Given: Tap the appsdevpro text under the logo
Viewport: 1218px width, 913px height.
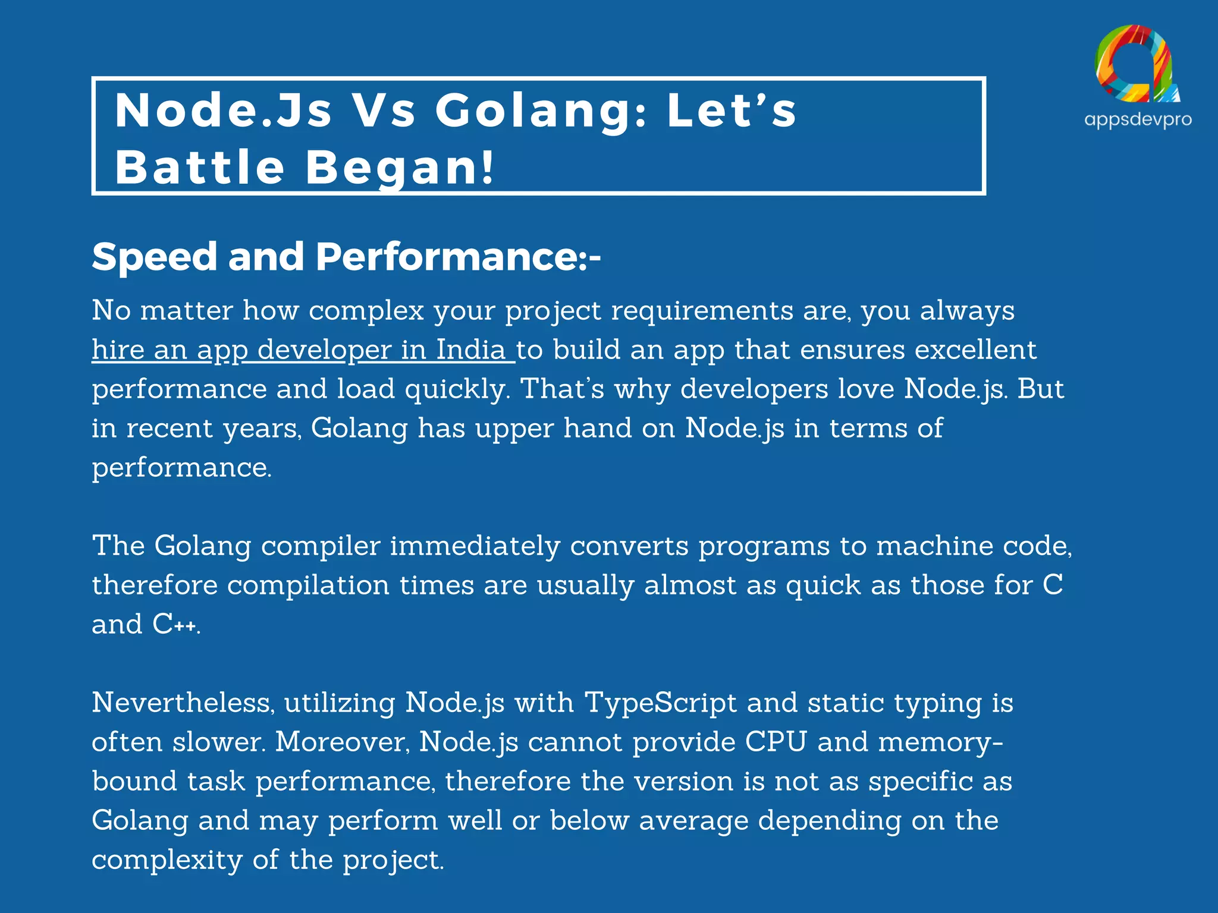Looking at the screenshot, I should coord(1138,119).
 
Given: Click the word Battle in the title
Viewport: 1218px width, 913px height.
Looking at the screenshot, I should coord(200,167).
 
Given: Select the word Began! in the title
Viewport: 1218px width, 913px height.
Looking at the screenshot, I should coord(399,167).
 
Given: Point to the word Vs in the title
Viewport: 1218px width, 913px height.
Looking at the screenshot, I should coord(384,111).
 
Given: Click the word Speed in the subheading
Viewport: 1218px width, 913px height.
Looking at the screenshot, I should coord(155,257).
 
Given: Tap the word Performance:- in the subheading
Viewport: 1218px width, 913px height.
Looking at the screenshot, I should coord(458,257).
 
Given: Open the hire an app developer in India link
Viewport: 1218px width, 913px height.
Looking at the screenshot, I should coord(303,350).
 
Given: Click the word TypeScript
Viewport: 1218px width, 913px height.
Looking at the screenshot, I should coord(661,703).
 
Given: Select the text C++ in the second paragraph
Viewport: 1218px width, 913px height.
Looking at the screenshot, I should coord(175,624).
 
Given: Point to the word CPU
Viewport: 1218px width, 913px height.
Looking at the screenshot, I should coord(776,742).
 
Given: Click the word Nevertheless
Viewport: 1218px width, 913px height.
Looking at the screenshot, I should coord(183,703).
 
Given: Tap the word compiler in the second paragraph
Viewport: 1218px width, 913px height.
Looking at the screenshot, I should coord(321,546).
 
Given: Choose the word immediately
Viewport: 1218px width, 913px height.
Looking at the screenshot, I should coord(475,546).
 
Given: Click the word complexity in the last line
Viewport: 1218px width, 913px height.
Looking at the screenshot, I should coord(167,860).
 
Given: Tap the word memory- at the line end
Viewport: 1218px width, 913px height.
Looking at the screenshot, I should coord(940,742).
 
